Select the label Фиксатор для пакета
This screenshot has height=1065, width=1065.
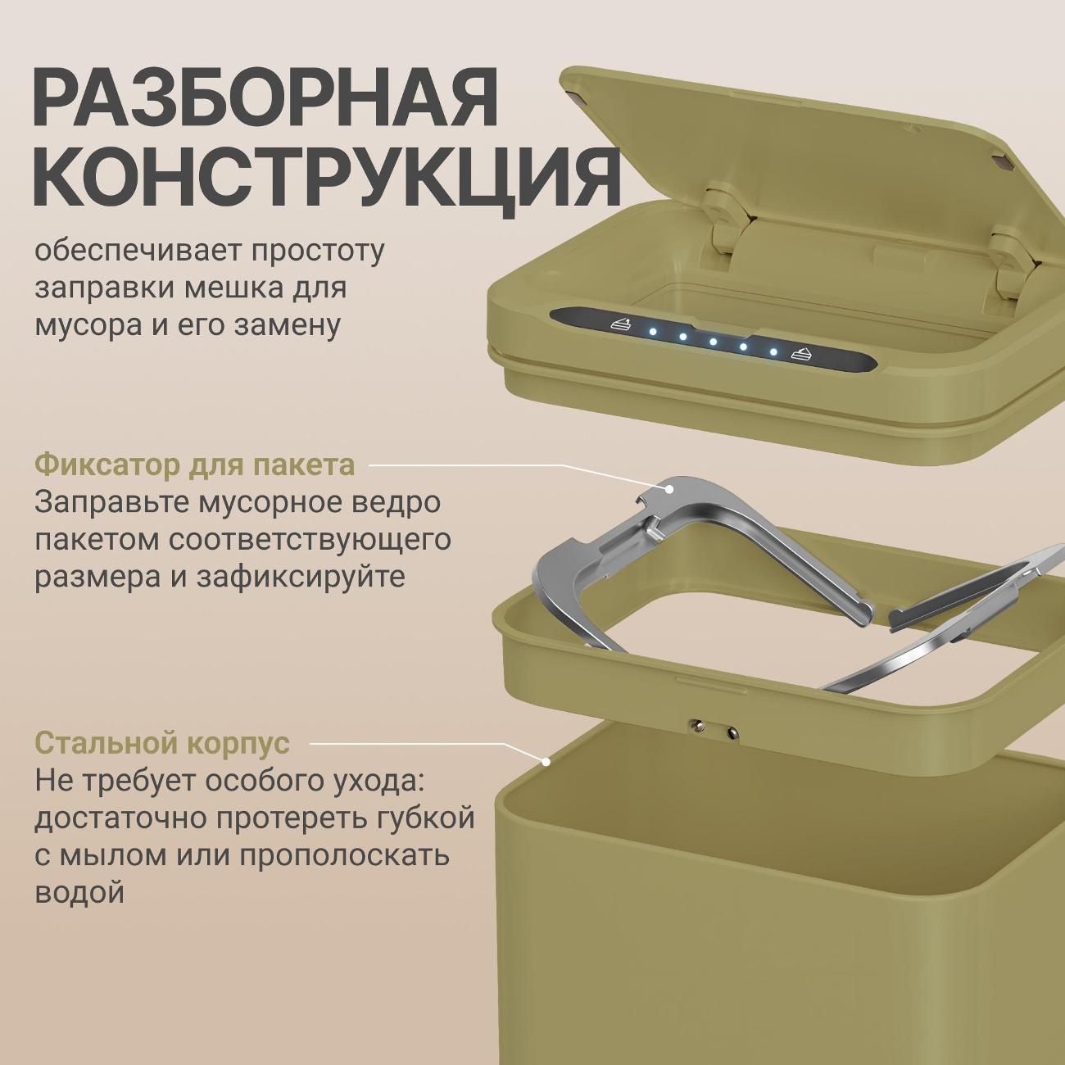(x=195, y=465)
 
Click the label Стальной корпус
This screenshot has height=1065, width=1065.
(x=162, y=743)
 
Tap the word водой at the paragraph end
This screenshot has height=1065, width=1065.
(x=79, y=891)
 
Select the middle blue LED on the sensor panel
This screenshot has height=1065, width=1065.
(x=713, y=341)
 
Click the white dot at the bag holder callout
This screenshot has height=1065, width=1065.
(x=671, y=488)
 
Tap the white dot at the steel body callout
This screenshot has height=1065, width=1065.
(x=545, y=761)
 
